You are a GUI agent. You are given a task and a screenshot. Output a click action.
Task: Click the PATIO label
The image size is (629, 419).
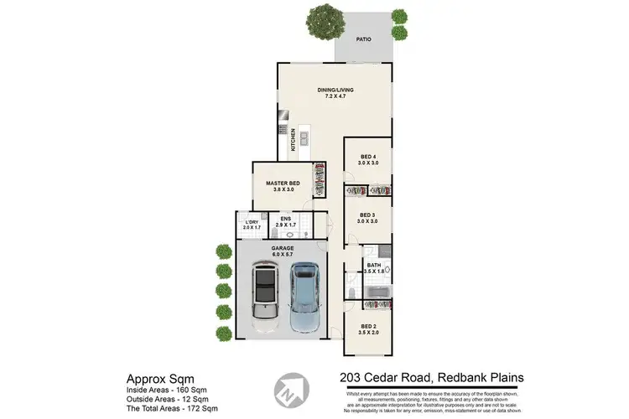coord(363,39)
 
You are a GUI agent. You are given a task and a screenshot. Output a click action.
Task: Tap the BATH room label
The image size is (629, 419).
coord(374,266)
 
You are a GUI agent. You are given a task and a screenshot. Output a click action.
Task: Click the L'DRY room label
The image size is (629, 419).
coord(252,221)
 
